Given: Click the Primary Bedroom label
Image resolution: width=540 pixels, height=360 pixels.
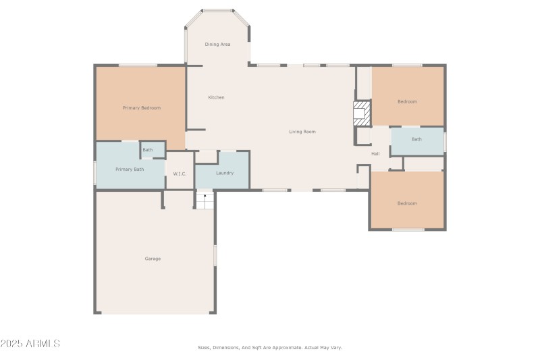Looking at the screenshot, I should tap(141, 108).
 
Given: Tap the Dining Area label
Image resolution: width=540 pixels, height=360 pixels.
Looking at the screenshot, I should tap(217, 45).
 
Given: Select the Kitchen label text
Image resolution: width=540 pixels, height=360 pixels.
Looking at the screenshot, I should tap(216, 98).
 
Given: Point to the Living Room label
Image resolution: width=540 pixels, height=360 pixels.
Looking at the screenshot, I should tap(302, 132).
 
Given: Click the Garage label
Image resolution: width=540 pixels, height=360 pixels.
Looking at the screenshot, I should tap(153, 259).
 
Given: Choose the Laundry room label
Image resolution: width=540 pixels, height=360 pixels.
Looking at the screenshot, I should tap(225, 173).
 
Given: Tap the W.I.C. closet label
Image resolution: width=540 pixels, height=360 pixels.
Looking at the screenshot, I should tap(180, 174).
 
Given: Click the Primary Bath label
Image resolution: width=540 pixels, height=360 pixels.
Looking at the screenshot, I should tap(130, 170).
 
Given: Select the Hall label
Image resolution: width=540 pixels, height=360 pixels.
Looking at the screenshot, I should tap(375, 154).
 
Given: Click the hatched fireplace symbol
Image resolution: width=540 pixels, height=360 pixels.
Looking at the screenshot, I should tap(362, 113).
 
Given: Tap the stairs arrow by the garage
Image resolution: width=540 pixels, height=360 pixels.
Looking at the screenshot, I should tap(205, 198).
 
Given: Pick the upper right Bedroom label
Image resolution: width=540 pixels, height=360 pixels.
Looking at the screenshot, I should tap(407, 102).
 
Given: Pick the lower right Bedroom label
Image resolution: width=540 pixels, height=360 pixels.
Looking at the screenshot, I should tap(407, 203).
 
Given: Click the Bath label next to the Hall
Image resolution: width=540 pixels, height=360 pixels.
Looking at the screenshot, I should tap(416, 140).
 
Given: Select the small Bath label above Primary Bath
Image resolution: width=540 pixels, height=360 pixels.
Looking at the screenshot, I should tap(147, 150).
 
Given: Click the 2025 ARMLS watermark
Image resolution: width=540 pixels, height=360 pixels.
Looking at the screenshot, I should tap(30, 344).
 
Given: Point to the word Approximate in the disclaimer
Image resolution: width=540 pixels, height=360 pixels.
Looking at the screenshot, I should tap(284, 348).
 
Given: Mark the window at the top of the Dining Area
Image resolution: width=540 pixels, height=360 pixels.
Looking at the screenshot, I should tap(217, 10).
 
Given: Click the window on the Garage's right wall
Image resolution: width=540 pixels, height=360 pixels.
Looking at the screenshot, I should tap(215, 255).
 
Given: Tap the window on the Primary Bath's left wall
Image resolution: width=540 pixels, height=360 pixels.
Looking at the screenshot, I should tap(95, 172).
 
